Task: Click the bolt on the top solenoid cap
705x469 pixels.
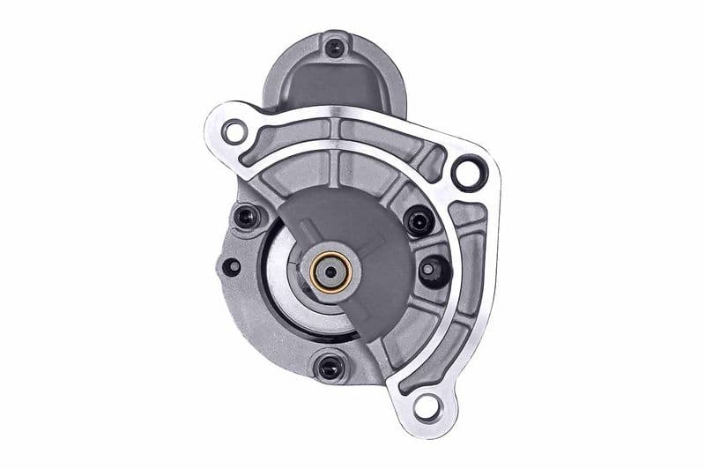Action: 334,48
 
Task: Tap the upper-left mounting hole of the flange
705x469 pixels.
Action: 234,132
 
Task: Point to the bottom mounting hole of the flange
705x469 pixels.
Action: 426,406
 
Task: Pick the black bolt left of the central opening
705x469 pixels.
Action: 246,215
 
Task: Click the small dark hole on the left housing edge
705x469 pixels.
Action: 231,265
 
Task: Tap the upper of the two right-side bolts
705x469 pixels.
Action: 419,220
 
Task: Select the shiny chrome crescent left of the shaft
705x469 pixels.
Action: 284,273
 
